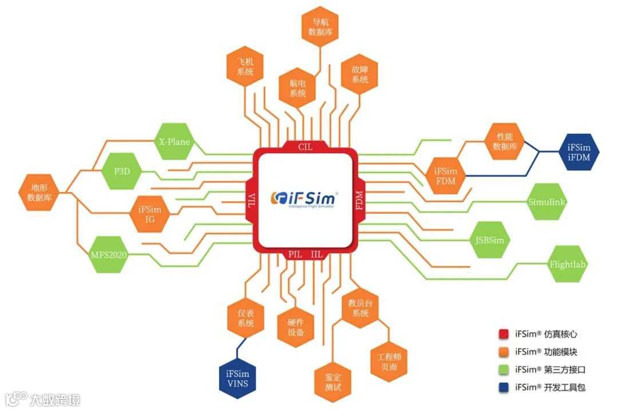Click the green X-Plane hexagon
(174, 142)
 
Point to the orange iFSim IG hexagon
(150, 214)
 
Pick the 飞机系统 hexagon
(245, 67)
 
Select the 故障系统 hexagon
(360, 74)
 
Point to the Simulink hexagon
(546, 201)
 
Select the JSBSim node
(490, 240)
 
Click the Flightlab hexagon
(568, 265)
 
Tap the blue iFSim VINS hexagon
(237, 378)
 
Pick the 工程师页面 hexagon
(389, 361)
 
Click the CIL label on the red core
(305, 147)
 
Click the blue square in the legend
(504, 387)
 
